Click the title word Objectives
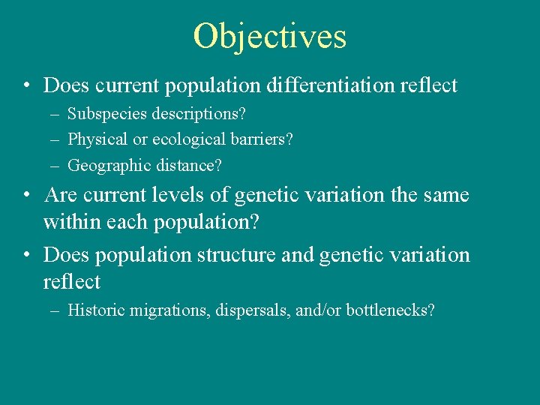pos(270,36)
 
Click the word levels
pos(184,196)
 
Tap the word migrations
pos(160,310)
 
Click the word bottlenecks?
pos(390,310)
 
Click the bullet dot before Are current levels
pos(26,196)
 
